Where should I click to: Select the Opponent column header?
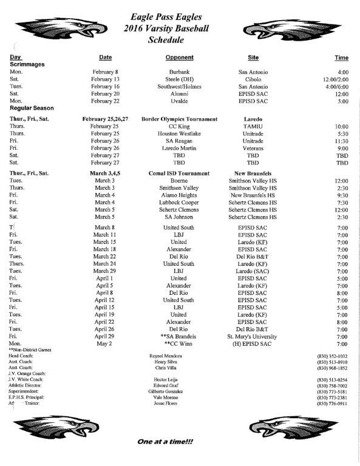(x=179, y=58)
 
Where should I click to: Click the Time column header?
(x=342, y=58)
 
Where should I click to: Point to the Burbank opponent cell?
(x=179, y=72)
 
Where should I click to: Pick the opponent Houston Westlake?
(x=179, y=133)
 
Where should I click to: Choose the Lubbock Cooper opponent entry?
(x=179, y=203)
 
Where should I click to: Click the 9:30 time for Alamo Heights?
(x=342, y=195)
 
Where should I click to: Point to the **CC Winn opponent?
(x=179, y=343)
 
